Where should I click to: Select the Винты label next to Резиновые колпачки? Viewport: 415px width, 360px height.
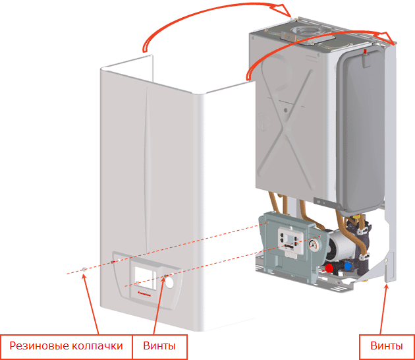coord(159,346)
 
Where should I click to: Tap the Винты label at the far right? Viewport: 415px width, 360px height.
coord(387,346)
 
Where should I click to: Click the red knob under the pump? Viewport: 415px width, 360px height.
coord(329,268)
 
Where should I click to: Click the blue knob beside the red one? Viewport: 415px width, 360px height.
coord(347,266)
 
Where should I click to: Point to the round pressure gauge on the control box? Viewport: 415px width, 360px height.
coord(314,245)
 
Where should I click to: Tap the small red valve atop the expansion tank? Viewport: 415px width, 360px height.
coord(366,51)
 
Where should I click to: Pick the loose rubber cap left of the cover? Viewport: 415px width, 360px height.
coord(84,270)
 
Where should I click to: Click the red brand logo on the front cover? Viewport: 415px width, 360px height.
coord(144,293)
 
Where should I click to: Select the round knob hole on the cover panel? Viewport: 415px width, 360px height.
coord(169,282)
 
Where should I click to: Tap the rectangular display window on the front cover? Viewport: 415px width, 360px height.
coord(144,278)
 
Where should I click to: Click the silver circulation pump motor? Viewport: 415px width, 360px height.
coord(341,245)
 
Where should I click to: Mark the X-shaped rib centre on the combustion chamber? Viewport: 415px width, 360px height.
coord(285,129)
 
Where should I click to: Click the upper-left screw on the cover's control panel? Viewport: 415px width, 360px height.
coord(113,262)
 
